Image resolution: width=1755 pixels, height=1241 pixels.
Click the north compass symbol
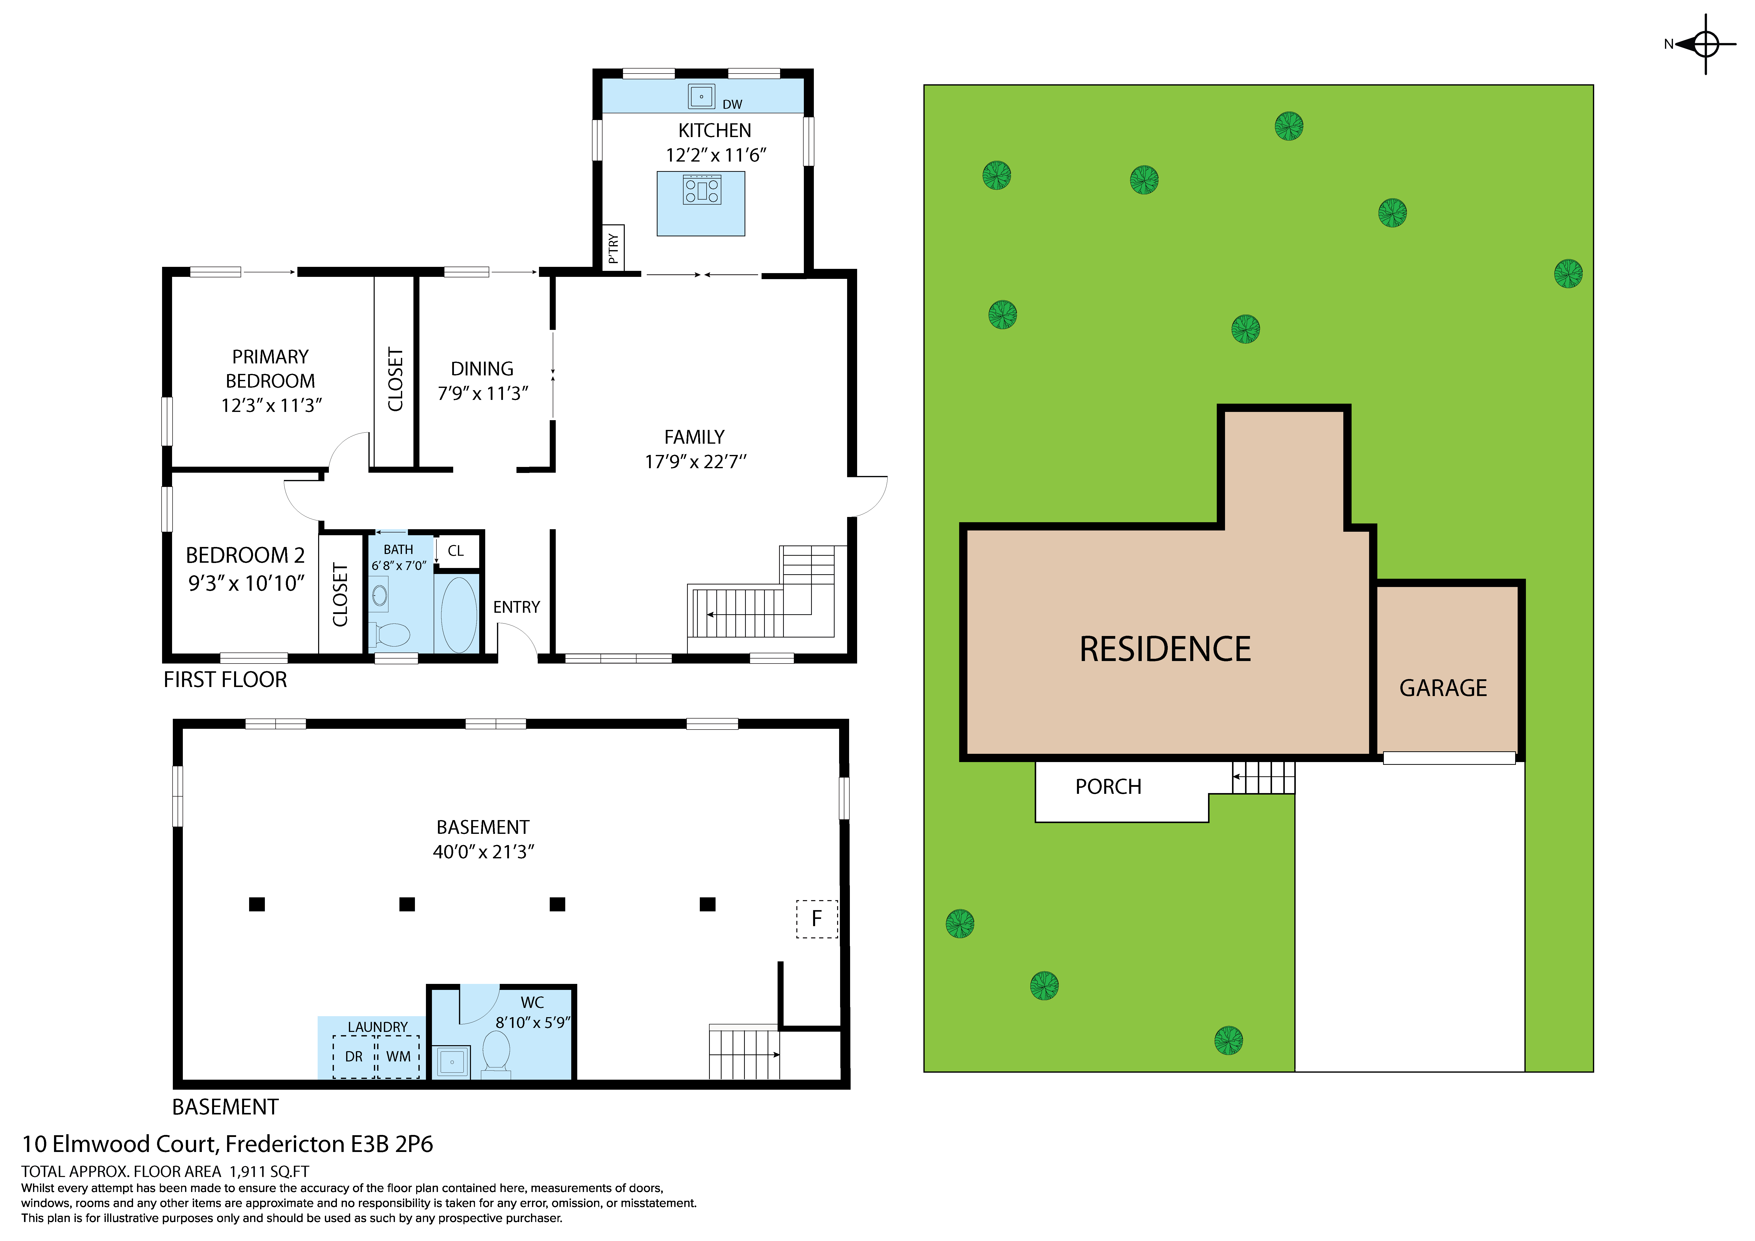point(1705,44)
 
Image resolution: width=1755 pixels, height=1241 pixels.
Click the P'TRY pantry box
point(613,248)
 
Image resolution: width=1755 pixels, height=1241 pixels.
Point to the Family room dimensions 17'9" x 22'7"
point(695,461)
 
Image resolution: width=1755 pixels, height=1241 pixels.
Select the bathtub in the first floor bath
point(459,614)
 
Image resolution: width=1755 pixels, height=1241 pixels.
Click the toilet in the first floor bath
point(392,634)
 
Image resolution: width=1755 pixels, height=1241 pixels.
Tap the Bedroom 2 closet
point(340,594)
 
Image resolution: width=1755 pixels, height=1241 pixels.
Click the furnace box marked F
point(816,919)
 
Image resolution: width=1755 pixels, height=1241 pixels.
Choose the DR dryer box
point(354,1057)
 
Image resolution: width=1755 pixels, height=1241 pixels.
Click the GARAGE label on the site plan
point(1442,689)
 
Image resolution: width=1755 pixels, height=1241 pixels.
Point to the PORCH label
point(1107,787)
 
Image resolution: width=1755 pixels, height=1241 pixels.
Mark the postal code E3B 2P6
point(391,1144)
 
